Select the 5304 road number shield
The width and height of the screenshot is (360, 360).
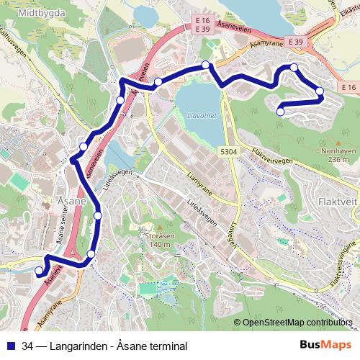tap(229, 152)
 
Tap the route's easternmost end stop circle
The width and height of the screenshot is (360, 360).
tap(320, 91)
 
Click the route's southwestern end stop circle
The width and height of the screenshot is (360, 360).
tap(39, 271)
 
